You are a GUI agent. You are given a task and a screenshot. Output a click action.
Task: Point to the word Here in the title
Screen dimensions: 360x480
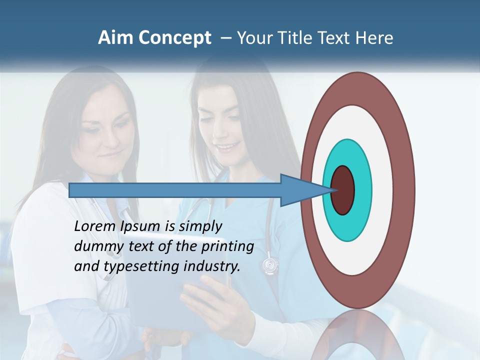coord(374,38)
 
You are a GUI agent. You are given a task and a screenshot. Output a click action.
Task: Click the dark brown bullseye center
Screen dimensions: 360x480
coord(343,190)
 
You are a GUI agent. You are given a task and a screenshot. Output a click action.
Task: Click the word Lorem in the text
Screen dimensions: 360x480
coord(95,226)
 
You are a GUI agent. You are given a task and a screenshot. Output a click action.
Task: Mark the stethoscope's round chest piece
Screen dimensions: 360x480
coord(270,263)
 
